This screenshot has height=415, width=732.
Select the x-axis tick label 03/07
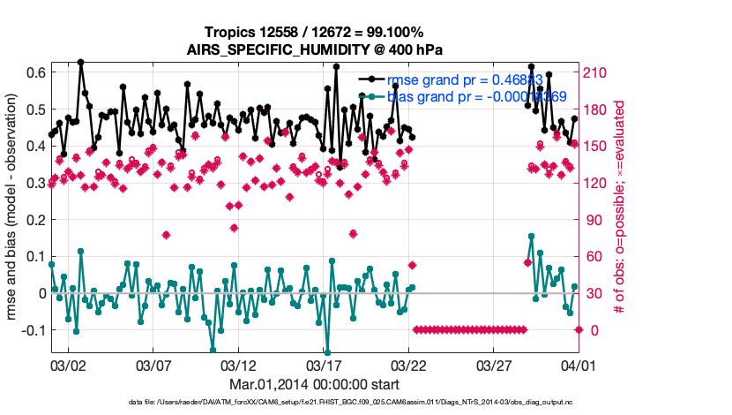(x=153, y=364)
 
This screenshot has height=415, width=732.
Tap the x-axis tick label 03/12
(x=238, y=364)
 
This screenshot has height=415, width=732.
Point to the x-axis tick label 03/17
(x=324, y=364)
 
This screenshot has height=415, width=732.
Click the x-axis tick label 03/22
(x=408, y=364)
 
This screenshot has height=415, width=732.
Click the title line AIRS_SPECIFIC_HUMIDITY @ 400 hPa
(x=315, y=49)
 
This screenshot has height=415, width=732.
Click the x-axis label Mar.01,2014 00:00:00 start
(x=315, y=384)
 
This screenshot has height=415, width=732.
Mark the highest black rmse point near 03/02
(x=80, y=63)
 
